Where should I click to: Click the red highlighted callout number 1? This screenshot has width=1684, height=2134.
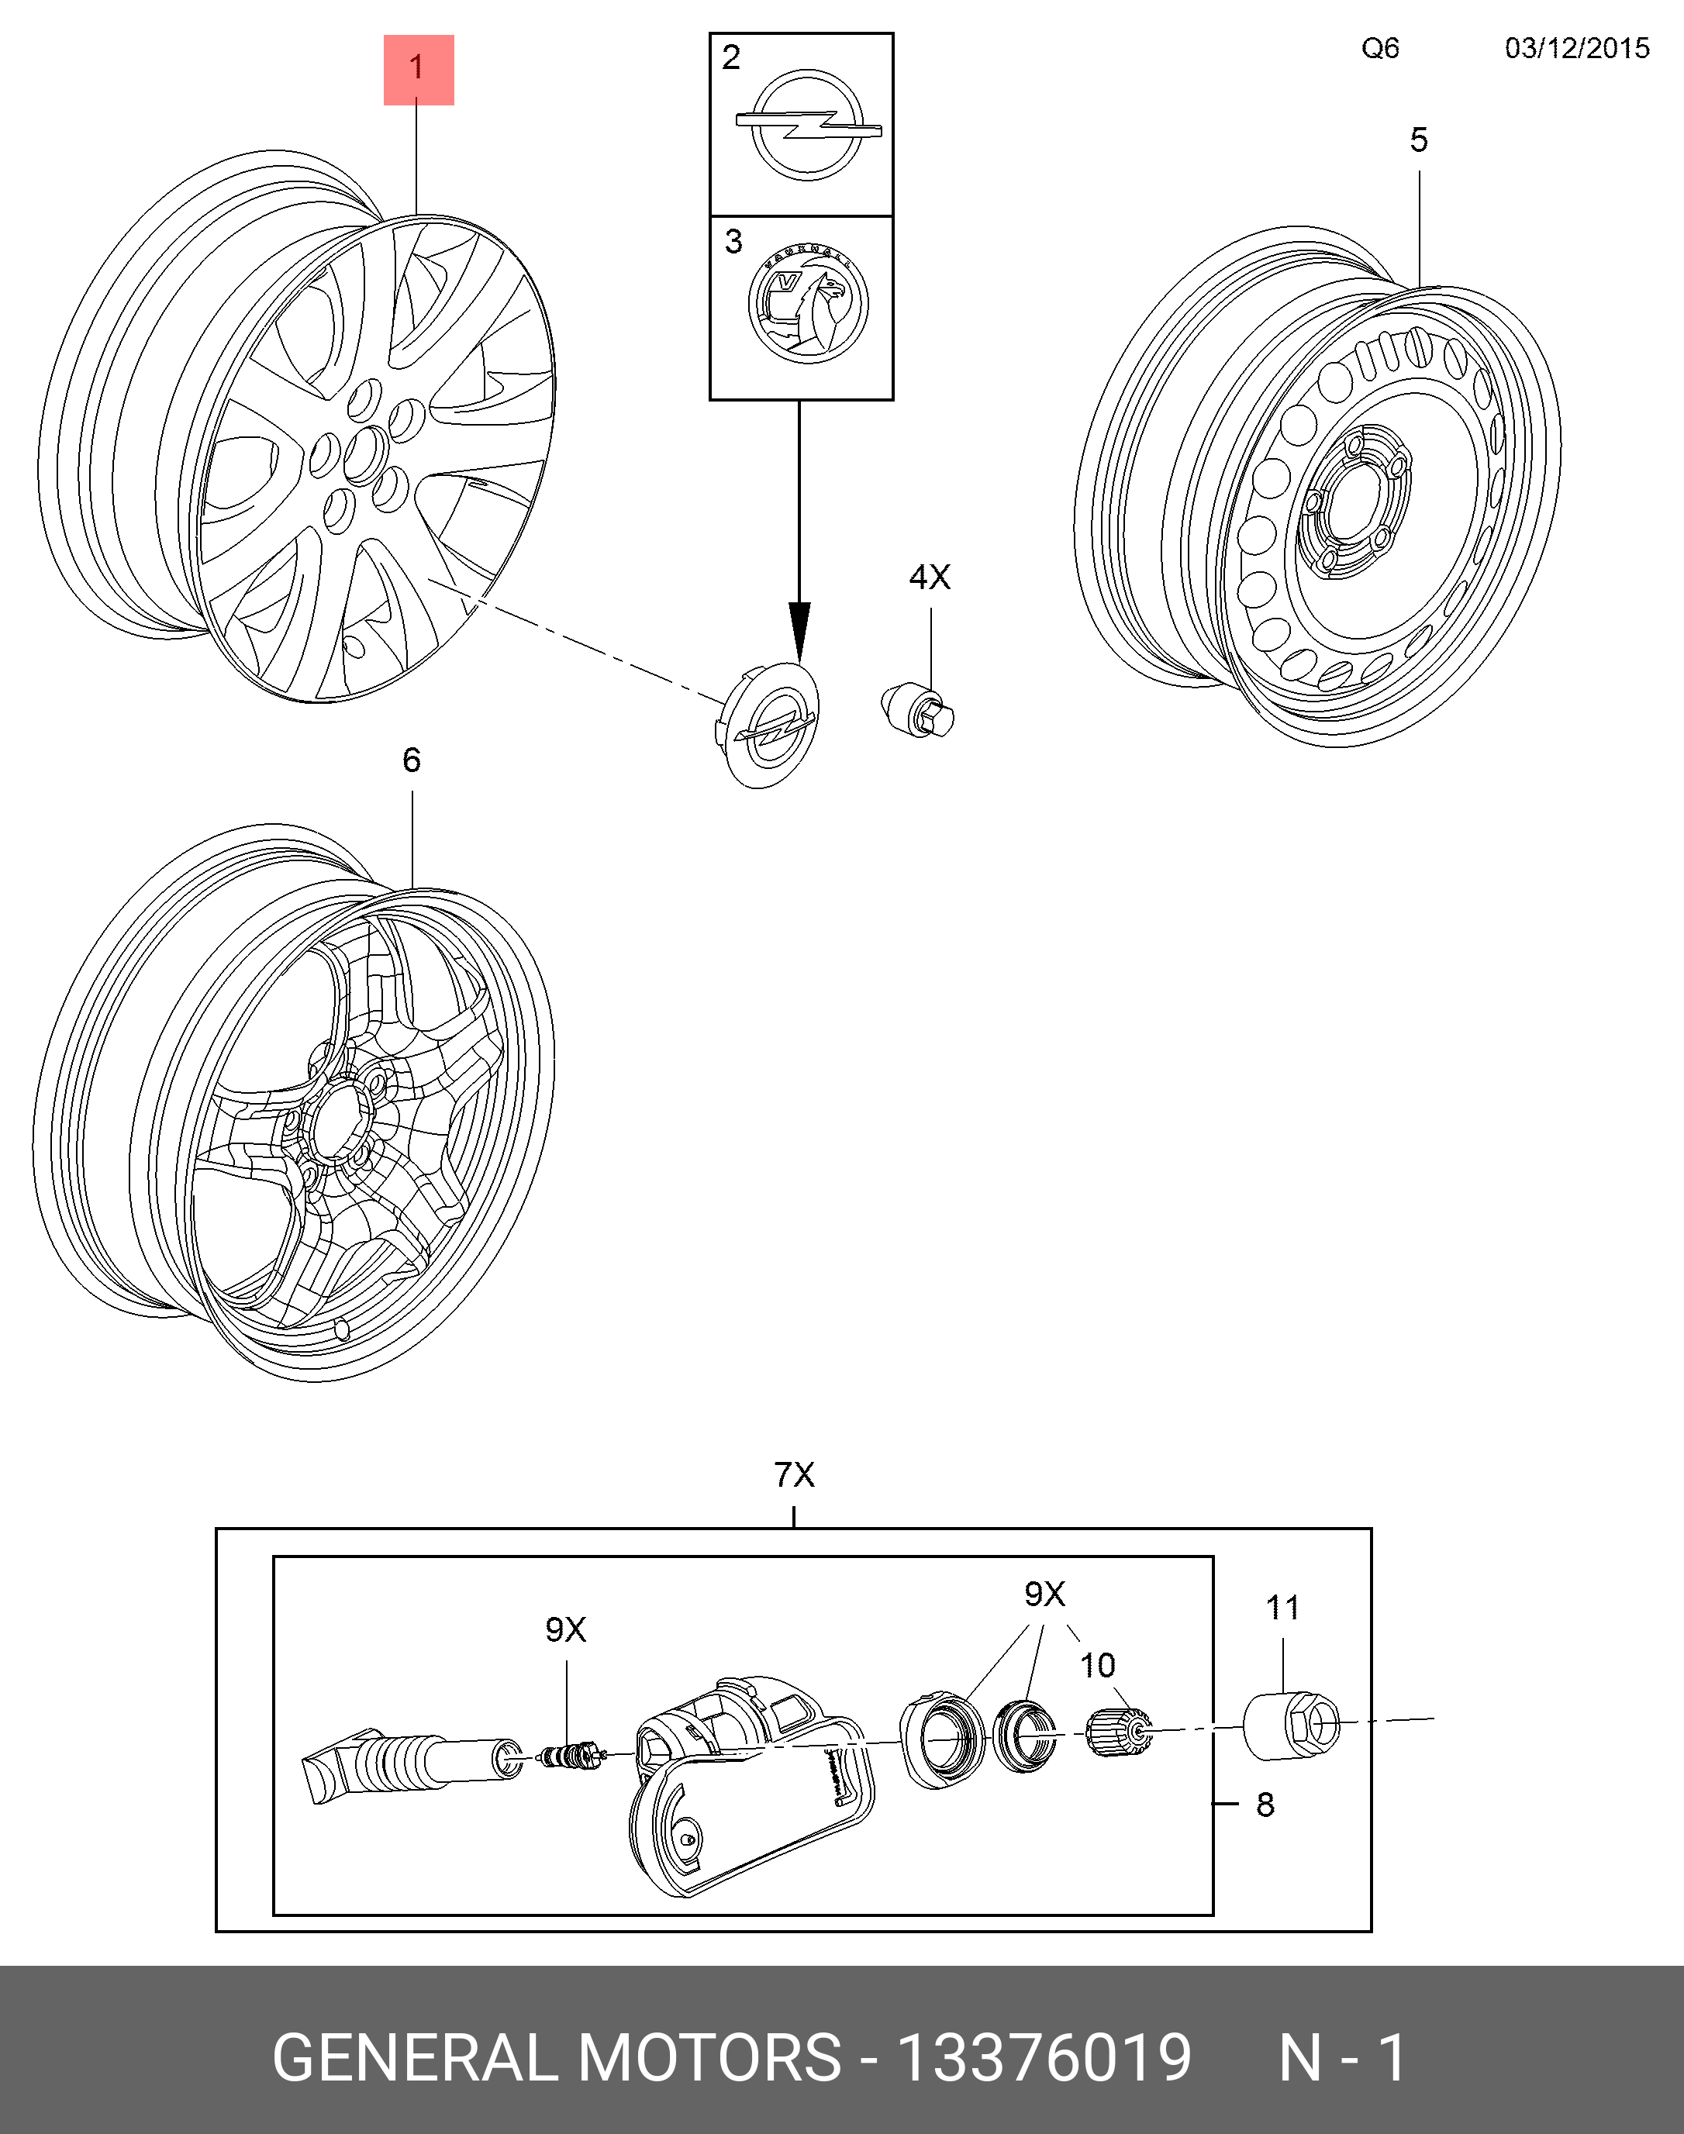[418, 69]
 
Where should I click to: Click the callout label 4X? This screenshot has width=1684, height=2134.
[930, 577]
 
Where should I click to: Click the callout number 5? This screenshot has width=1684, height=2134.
[1419, 140]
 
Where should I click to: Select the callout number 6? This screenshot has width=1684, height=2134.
[411, 760]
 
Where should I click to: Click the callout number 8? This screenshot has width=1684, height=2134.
[1265, 1805]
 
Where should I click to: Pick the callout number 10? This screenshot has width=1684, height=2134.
[1097, 1665]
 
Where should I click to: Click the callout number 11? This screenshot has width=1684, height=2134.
[1282, 1608]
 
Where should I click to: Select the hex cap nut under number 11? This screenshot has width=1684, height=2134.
[1292, 1726]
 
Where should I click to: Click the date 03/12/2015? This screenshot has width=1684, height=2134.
[1576, 48]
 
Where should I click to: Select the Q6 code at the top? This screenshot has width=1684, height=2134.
[1379, 48]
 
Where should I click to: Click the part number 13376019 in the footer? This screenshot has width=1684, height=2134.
[1044, 2058]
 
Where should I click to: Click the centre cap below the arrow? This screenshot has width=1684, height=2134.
[768, 725]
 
